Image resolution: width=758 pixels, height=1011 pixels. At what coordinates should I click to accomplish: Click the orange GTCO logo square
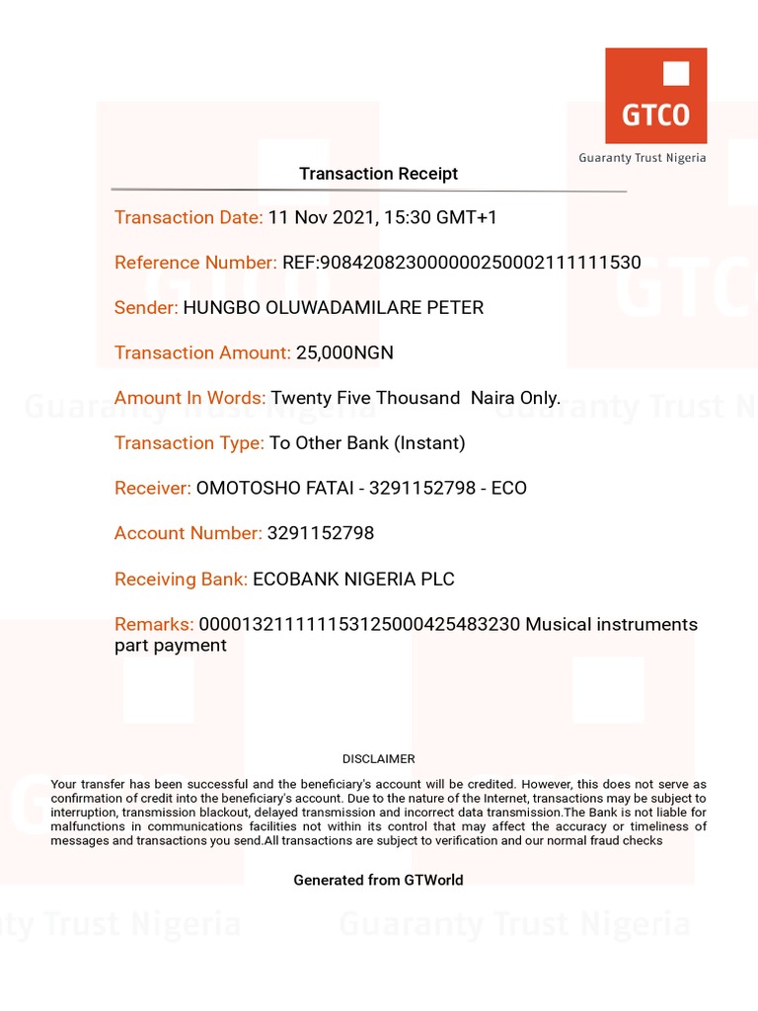(655, 96)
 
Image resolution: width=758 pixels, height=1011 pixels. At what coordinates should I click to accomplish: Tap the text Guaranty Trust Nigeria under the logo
(642, 158)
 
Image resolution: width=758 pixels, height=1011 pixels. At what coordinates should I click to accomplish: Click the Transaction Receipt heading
(378, 174)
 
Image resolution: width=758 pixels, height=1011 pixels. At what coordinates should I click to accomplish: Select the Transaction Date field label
(189, 217)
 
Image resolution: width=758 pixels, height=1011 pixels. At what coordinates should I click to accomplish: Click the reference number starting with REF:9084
(461, 263)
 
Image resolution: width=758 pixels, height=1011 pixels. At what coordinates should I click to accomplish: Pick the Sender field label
(146, 308)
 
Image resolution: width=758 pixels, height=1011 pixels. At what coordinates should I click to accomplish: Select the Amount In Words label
(189, 398)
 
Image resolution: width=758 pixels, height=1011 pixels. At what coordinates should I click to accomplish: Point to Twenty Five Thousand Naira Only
(416, 398)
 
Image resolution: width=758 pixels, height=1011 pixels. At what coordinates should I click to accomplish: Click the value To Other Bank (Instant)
(367, 443)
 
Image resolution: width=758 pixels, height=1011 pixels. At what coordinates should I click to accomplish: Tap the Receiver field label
(153, 489)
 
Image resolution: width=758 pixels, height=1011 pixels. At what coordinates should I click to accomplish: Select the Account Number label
(189, 533)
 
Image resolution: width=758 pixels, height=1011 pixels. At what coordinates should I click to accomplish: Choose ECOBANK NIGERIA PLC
(353, 580)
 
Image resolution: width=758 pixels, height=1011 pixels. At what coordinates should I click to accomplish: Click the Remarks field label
(154, 624)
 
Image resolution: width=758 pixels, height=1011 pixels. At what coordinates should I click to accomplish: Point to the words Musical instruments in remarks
(611, 624)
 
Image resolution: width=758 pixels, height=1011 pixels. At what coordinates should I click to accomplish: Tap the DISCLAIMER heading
(378, 759)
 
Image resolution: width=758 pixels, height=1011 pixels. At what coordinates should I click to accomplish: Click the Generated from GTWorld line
(378, 880)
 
